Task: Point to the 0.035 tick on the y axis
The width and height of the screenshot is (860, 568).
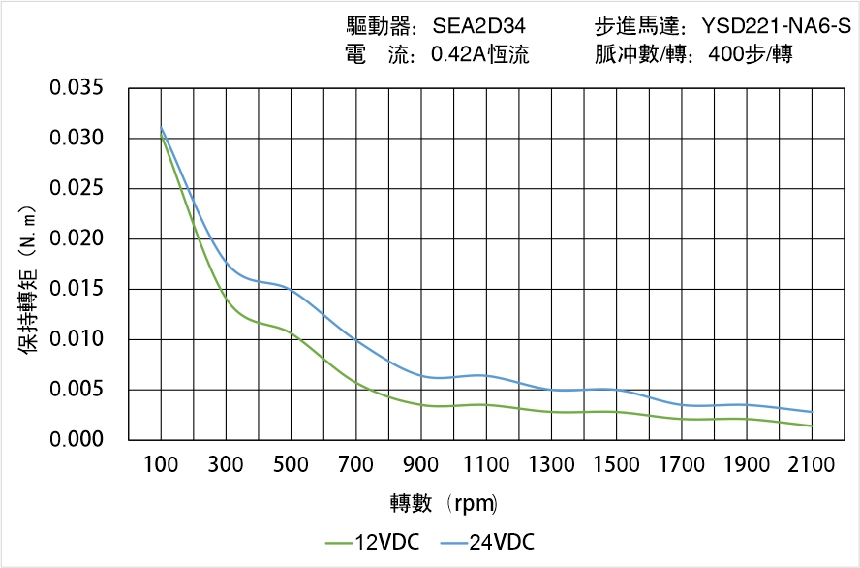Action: [76, 88]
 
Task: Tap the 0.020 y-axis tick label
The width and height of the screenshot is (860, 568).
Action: [76, 238]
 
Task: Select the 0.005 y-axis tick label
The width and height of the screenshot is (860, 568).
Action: [76, 390]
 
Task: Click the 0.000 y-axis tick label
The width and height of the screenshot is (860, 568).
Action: [76, 440]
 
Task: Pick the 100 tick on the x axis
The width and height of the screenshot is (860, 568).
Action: [161, 465]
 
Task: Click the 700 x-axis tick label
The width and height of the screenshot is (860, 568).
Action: [355, 465]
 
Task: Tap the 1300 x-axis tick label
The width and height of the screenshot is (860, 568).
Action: [551, 465]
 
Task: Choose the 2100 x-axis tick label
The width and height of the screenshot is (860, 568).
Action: [812, 465]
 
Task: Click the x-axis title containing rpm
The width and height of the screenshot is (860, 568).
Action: [444, 503]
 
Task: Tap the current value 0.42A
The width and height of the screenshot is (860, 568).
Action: [461, 55]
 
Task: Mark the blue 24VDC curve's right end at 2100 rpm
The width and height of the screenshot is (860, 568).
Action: [812, 412]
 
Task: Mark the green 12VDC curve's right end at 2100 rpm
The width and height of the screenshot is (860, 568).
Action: [812, 426]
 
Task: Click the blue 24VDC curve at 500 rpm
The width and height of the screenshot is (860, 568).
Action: [291, 288]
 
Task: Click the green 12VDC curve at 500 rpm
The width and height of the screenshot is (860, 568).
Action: [291, 332]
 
